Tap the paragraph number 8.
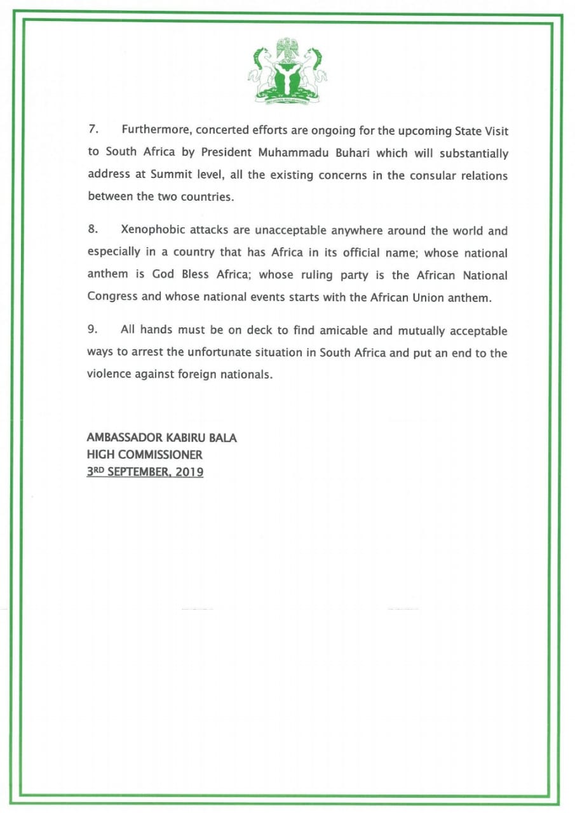pos(92,230)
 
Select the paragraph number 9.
pos(92,330)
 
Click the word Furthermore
pos(156,130)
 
